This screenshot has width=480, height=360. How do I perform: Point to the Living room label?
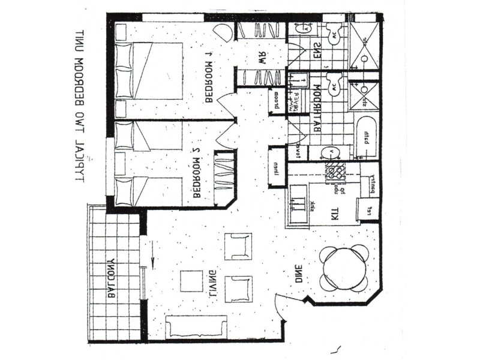pyautogui.click(x=212, y=286)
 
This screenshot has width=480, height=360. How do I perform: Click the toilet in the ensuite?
pyautogui.click(x=334, y=35)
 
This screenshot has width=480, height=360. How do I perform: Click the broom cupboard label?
pyautogui.click(x=277, y=103)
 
